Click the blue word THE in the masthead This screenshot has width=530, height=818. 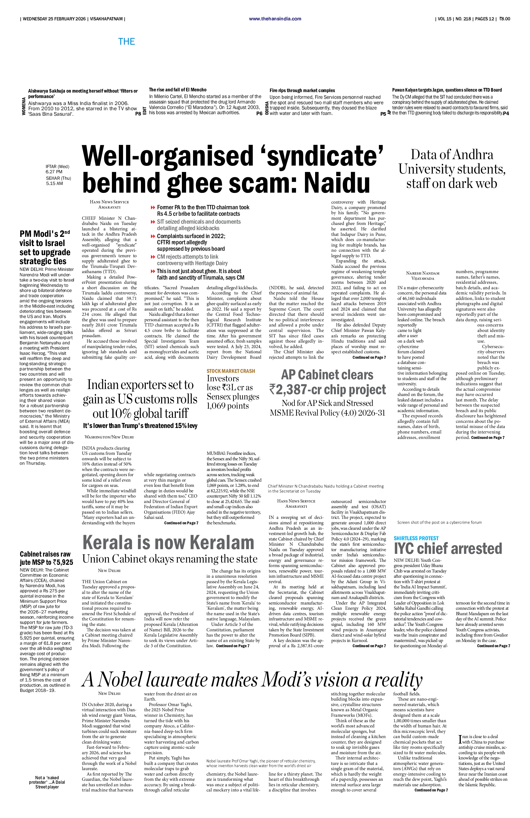[x=126, y=42]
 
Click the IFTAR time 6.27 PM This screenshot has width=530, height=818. [x=54, y=172]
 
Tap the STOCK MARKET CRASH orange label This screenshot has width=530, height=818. [x=231, y=371]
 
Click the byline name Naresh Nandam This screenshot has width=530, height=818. [x=423, y=273]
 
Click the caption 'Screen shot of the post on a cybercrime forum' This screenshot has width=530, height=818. [x=439, y=522]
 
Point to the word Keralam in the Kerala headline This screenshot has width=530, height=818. [x=222, y=543]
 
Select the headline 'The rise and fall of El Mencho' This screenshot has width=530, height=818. [x=178, y=90]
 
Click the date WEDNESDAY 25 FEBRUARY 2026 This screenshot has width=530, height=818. [x=54, y=19]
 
